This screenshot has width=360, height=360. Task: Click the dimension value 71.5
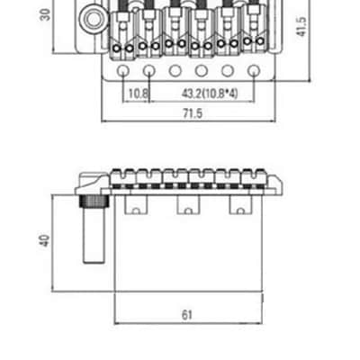pyautogui.click(x=193, y=113)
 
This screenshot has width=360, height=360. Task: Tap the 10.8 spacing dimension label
pyautogui.click(x=138, y=94)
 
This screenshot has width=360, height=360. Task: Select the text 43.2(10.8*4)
pyautogui.click(x=210, y=94)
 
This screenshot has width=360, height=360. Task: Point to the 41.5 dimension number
pyautogui.click(x=301, y=27)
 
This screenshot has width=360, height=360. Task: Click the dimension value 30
pyautogui.click(x=45, y=14)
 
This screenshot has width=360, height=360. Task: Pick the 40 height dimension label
pyautogui.click(x=45, y=241)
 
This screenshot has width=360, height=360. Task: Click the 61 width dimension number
pyautogui.click(x=187, y=315)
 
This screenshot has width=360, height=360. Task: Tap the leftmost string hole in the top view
pyautogui.click(x=122, y=71)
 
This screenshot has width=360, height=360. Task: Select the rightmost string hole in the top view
pyautogui.click(x=254, y=71)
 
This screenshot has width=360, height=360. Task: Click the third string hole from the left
pyautogui.click(x=175, y=71)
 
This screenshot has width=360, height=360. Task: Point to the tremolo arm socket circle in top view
pyautogui.click(x=93, y=19)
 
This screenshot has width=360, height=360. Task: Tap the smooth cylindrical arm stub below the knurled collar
pyautogui.click(x=94, y=235)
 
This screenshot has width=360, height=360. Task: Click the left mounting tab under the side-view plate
pyautogui.click(x=136, y=205)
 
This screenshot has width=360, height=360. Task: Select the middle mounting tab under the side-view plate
pyautogui.click(x=188, y=205)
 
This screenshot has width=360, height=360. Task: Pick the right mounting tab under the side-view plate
pyautogui.click(x=241, y=205)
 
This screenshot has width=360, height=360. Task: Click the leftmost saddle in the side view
pyautogui.click(x=123, y=176)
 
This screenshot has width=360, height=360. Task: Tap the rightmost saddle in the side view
pyautogui.click(x=255, y=176)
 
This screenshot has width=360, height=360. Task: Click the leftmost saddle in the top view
pyautogui.click(x=122, y=33)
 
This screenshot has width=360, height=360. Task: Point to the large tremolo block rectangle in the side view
pyautogui.click(x=189, y=243)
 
